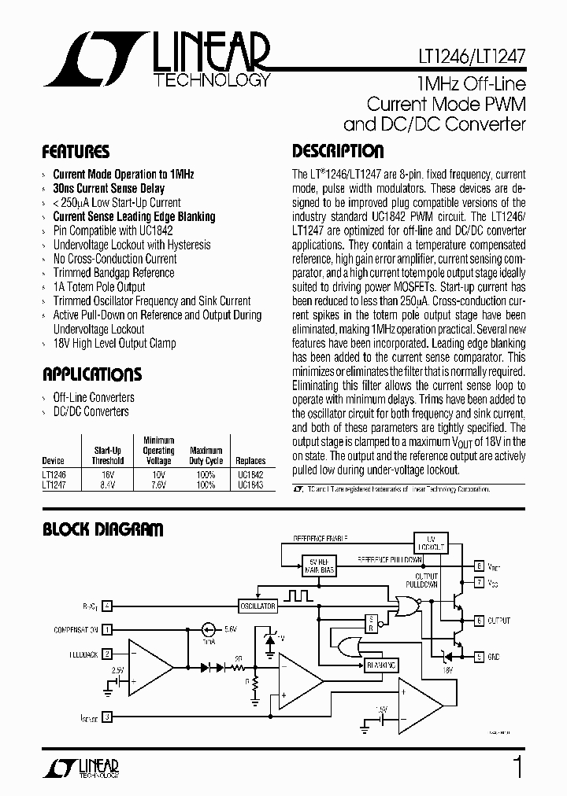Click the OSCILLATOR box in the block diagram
click(x=258, y=606)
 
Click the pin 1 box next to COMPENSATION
click(x=107, y=629)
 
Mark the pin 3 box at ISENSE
click(x=107, y=717)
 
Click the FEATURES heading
click(x=76, y=152)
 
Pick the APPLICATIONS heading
click(x=92, y=374)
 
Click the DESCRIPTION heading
click(x=338, y=151)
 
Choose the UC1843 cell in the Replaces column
click(x=250, y=485)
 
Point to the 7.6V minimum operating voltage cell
click(x=159, y=485)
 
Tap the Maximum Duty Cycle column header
click(x=206, y=456)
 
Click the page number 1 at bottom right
click(x=517, y=767)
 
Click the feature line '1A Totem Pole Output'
click(x=99, y=287)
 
